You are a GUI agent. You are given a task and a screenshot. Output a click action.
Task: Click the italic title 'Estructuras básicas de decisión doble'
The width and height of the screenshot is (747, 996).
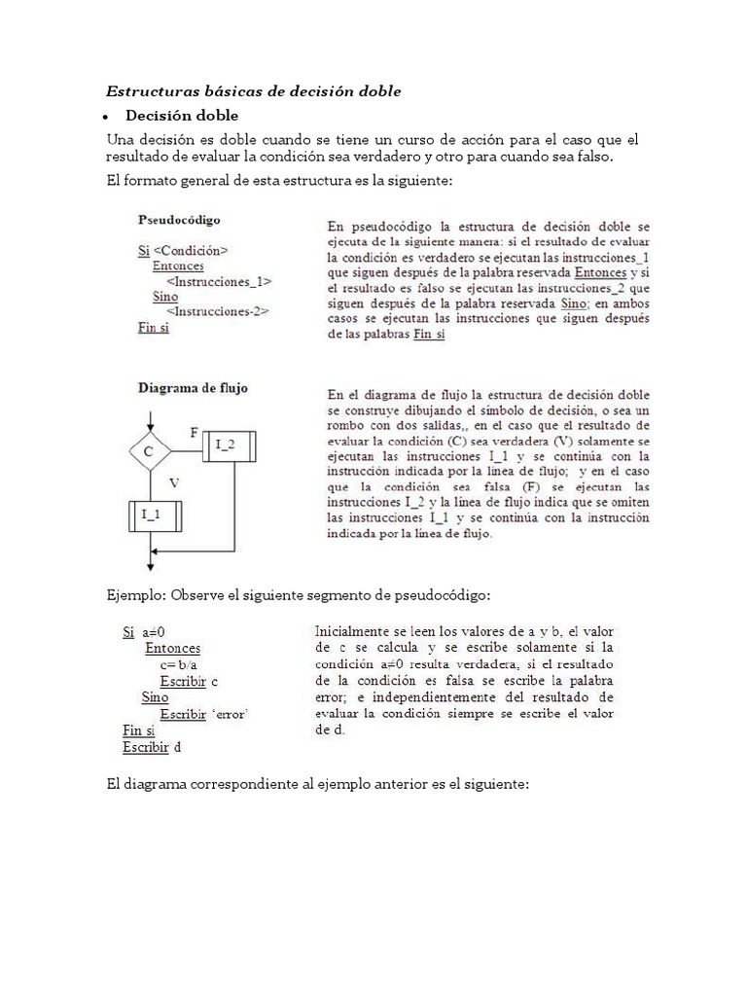point(253,91)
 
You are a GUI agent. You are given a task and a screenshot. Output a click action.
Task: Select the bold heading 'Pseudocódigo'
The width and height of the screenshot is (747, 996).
point(179,220)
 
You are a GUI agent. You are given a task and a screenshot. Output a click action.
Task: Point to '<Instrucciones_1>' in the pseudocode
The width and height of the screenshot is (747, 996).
point(219,281)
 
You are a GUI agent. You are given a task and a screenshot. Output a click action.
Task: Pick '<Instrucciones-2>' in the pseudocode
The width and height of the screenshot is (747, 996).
point(218,311)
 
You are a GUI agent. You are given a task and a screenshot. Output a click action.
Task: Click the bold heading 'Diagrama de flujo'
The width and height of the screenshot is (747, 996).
point(193,387)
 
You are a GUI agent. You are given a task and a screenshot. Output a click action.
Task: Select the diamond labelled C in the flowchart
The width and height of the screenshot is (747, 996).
point(149,450)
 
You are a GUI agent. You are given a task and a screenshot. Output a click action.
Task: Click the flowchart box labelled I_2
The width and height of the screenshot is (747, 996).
point(227,446)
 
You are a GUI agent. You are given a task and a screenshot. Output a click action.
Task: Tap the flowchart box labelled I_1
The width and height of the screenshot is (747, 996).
point(150,515)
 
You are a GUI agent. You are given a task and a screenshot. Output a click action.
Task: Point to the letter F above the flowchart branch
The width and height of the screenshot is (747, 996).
point(194,430)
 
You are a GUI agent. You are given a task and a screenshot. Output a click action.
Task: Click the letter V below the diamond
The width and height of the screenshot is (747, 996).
point(173,480)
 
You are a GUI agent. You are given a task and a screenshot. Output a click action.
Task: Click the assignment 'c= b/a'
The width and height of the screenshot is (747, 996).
point(179,664)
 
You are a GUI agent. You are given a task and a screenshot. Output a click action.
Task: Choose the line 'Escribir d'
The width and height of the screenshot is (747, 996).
point(152,747)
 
